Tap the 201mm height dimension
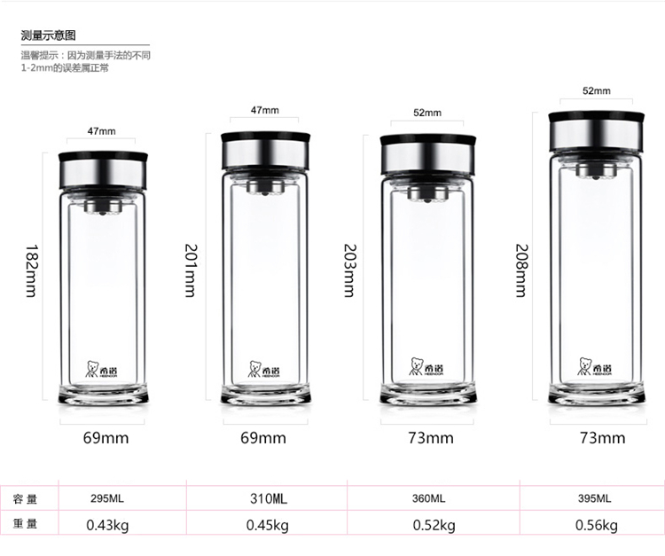[x=191, y=270]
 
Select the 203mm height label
[x=349, y=270]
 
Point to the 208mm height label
[x=521, y=270]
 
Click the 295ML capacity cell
[x=107, y=498]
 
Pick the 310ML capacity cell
[x=269, y=498]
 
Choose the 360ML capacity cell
[x=428, y=498]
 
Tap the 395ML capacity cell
[x=595, y=498]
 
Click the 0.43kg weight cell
[x=107, y=526]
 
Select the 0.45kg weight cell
[x=268, y=526]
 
